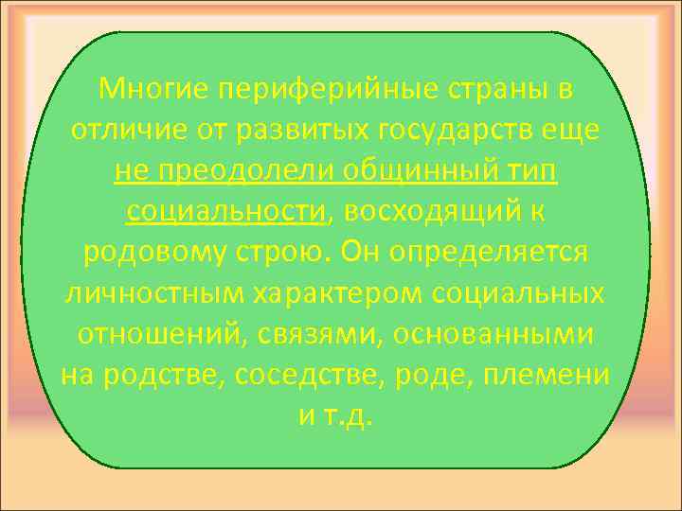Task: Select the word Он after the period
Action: (362, 253)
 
